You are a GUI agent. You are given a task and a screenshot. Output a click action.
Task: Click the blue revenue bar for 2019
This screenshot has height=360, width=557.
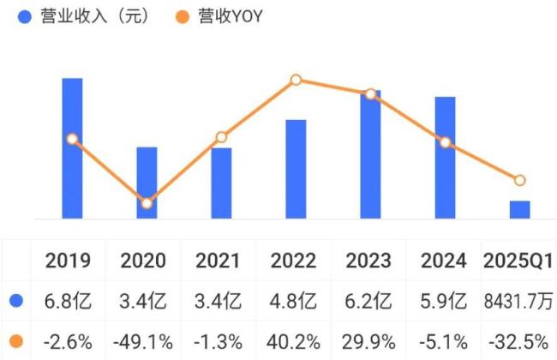(72, 148)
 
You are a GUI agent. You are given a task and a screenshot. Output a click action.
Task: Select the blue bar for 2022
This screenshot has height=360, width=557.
(296, 169)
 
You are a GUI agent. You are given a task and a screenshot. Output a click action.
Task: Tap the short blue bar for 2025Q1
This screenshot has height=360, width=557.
(519, 210)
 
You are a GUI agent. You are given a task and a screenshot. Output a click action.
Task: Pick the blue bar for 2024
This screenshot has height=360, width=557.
(445, 158)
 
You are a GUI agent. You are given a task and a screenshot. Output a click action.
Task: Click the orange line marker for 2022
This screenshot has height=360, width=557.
(296, 80)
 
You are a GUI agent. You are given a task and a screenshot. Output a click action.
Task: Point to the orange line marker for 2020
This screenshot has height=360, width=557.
(147, 203)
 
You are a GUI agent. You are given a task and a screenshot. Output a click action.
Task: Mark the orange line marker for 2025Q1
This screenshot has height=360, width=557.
(519, 180)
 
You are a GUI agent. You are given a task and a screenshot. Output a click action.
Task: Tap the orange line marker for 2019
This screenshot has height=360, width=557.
(72, 139)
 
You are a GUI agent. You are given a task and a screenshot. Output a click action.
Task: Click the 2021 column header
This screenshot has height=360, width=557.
(217, 261)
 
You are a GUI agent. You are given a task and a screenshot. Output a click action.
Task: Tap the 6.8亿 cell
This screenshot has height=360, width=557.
(69, 301)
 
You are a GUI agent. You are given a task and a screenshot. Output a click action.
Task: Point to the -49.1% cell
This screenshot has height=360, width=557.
(143, 341)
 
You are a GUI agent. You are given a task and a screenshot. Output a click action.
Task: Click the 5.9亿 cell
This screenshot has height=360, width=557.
(445, 301)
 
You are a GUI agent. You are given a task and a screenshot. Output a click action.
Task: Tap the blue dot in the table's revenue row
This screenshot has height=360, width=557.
(16, 301)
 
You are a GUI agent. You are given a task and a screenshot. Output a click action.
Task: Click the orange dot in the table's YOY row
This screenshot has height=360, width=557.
(16, 341)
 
